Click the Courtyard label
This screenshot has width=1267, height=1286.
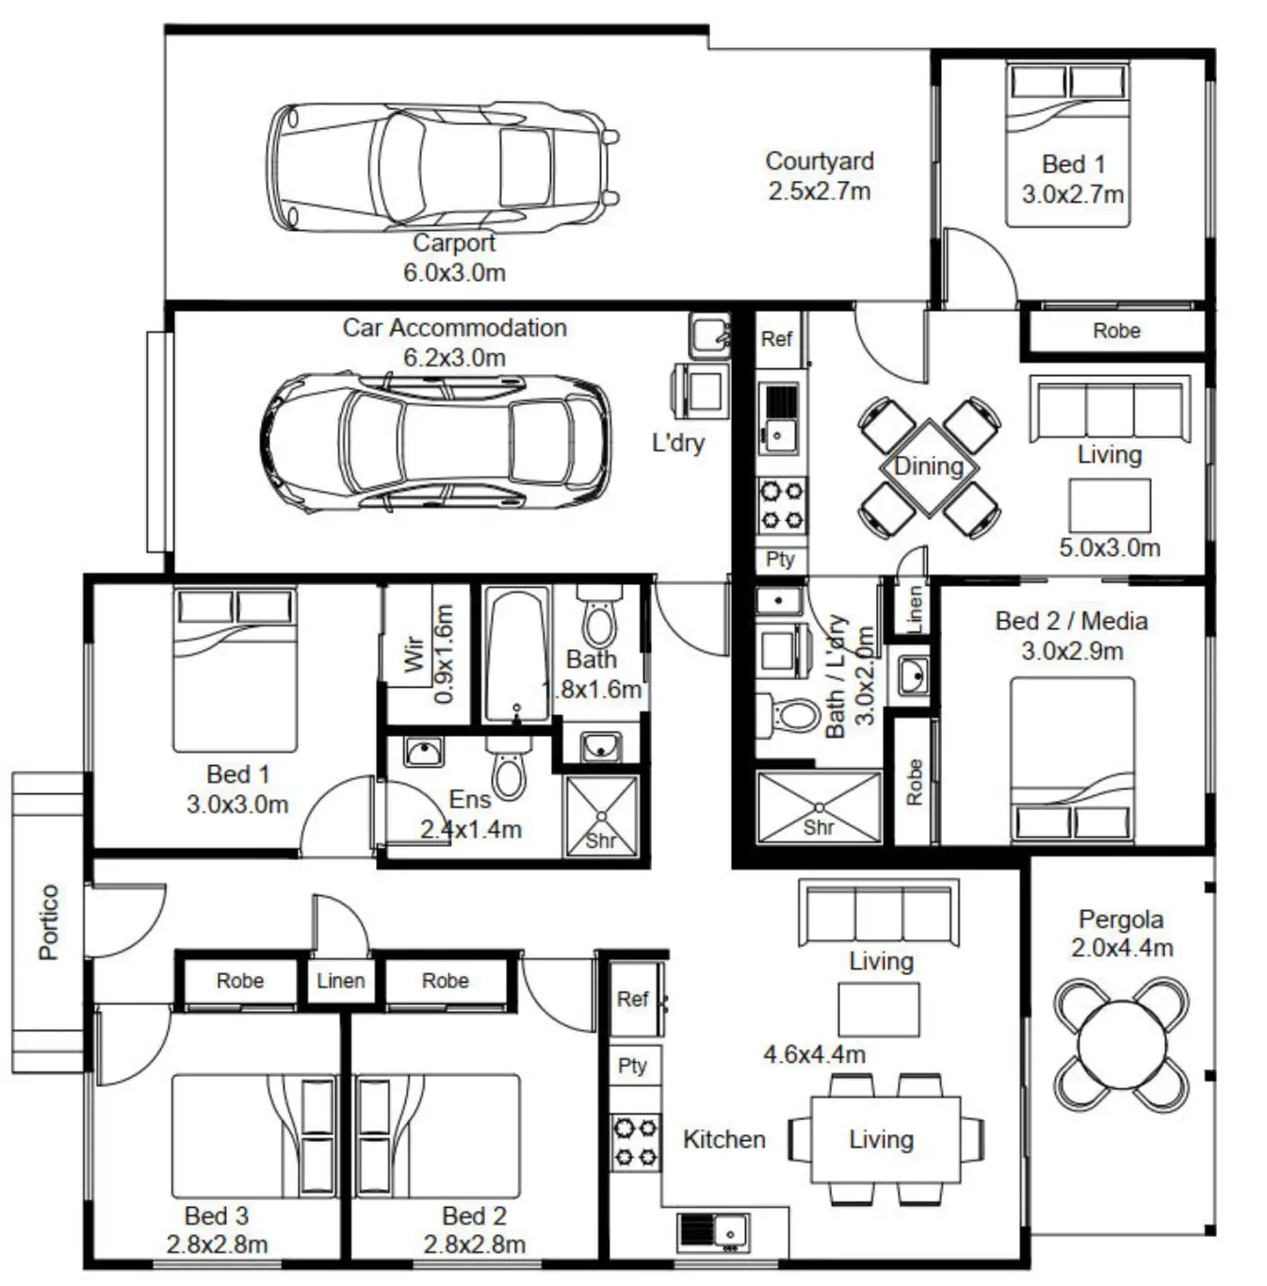point(819,162)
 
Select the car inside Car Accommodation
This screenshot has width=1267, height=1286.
point(435,441)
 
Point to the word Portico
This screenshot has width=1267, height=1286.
point(49,921)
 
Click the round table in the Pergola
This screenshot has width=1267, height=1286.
point(1121,1045)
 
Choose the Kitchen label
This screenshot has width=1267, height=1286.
point(723,1139)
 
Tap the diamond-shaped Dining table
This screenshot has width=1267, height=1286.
point(929,466)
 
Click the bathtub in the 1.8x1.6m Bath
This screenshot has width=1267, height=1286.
point(516,655)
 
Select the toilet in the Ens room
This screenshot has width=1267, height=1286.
point(509,769)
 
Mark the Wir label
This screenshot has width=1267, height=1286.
point(414,652)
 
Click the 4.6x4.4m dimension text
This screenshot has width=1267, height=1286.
point(814,1054)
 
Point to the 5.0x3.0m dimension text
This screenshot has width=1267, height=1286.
point(1109,547)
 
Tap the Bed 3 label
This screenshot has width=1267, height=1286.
point(216,1215)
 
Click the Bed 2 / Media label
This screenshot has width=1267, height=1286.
point(1071,621)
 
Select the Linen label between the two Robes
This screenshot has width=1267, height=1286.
point(340,981)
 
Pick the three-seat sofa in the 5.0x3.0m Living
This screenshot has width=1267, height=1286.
point(1109,410)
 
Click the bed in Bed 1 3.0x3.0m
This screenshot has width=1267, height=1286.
point(235,671)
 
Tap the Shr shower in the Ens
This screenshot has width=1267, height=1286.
point(601,816)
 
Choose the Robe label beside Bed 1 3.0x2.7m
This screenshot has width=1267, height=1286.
point(1116,332)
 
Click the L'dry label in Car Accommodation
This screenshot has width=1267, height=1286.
point(677,442)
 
